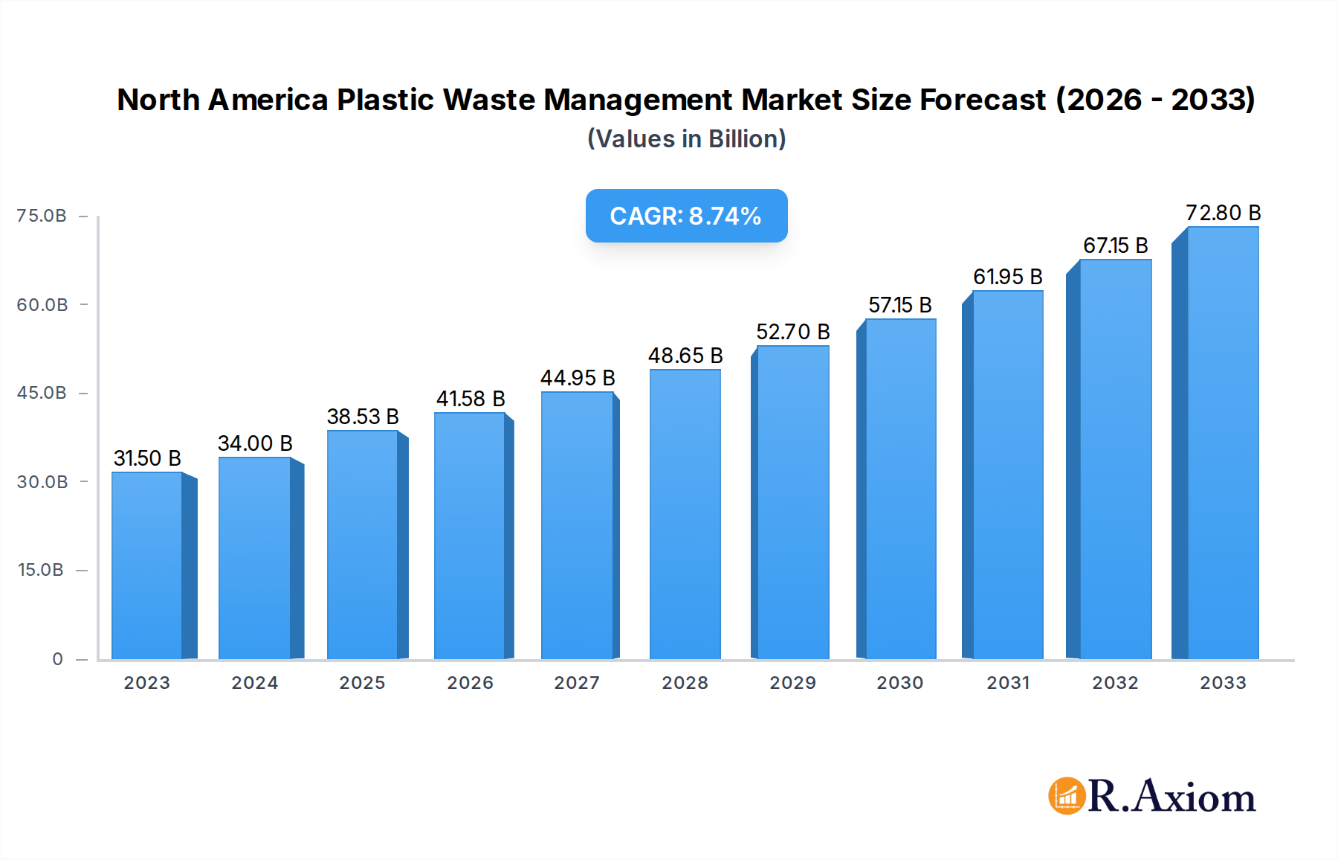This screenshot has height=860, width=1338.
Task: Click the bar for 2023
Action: pyautogui.click(x=147, y=565)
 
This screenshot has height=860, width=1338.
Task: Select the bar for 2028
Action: pyautogui.click(x=685, y=513)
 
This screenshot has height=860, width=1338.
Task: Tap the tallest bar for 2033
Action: pyautogui.click(x=1223, y=443)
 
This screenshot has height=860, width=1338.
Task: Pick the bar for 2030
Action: pyautogui.click(x=900, y=489)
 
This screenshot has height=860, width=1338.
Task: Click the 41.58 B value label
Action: pyautogui.click(x=471, y=399)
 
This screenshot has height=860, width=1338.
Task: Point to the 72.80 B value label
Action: pyautogui.click(x=1223, y=213)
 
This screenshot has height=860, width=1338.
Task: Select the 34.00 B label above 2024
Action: pyautogui.click(x=255, y=443)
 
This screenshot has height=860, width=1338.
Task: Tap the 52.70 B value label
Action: pyautogui.click(x=792, y=332)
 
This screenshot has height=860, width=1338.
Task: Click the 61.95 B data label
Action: pyautogui.click(x=1007, y=277)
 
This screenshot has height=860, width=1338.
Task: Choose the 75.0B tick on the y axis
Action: pyautogui.click(x=42, y=216)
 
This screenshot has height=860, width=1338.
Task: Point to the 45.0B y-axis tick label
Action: pyautogui.click(x=42, y=393)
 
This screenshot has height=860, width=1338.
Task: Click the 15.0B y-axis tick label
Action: pyautogui.click(x=41, y=570)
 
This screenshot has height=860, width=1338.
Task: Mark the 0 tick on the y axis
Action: pyautogui.click(x=57, y=659)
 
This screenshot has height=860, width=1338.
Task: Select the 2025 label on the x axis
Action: pyautogui.click(x=362, y=683)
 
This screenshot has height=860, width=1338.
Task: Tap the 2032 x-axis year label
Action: pyautogui.click(x=1115, y=683)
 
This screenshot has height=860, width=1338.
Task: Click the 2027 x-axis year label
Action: pyautogui.click(x=577, y=683)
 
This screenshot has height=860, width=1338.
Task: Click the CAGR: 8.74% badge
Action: pyautogui.click(x=686, y=216)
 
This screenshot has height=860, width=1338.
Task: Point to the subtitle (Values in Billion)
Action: pyautogui.click(x=686, y=139)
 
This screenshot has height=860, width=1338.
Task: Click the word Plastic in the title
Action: pyautogui.click(x=385, y=100)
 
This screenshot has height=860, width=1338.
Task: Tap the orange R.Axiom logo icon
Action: pyautogui.click(x=1067, y=796)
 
